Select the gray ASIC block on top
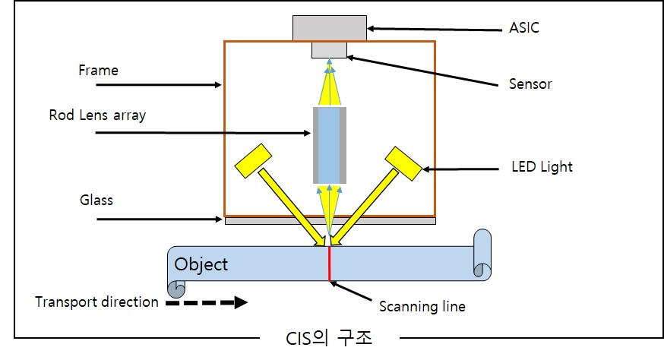click(x=330, y=27)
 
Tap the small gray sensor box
click(x=330, y=49)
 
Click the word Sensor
click(x=530, y=84)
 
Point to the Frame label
click(x=99, y=71)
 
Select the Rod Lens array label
click(x=97, y=115)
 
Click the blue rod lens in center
click(x=330, y=144)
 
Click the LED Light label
click(x=540, y=166)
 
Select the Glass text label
click(x=96, y=200)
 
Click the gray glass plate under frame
click(x=330, y=221)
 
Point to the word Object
click(x=201, y=264)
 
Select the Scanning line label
click(x=422, y=307)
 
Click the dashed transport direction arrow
click(x=207, y=302)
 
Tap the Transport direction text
click(x=97, y=302)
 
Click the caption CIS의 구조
click(x=330, y=337)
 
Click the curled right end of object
click(x=482, y=254)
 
